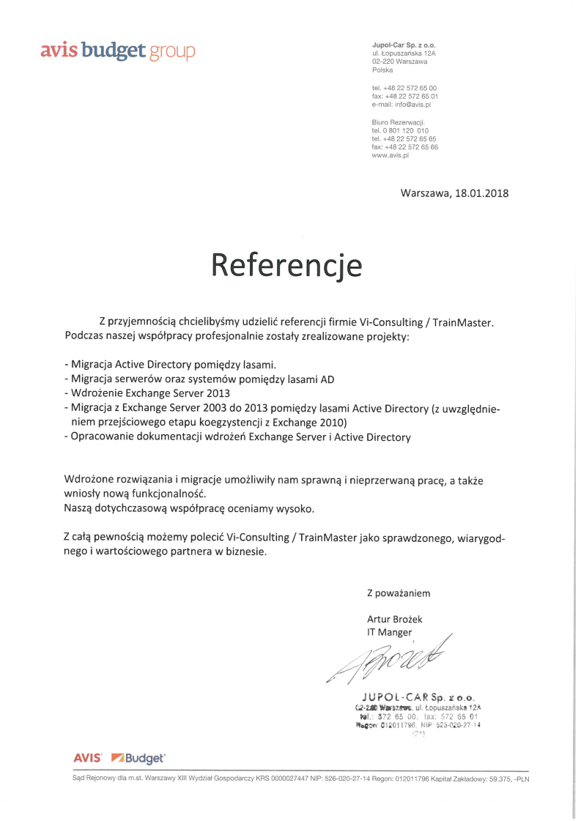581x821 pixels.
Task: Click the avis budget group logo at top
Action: click(x=118, y=51)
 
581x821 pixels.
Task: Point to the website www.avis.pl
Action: click(x=390, y=155)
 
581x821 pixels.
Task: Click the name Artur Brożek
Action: click(x=394, y=619)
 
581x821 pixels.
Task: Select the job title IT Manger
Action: click(x=389, y=632)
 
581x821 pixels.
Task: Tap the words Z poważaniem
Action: click(x=399, y=592)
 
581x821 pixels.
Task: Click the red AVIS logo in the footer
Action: click(x=87, y=759)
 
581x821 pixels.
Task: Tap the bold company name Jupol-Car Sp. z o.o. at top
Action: click(x=404, y=45)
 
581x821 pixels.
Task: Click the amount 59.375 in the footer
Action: click(x=499, y=779)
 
